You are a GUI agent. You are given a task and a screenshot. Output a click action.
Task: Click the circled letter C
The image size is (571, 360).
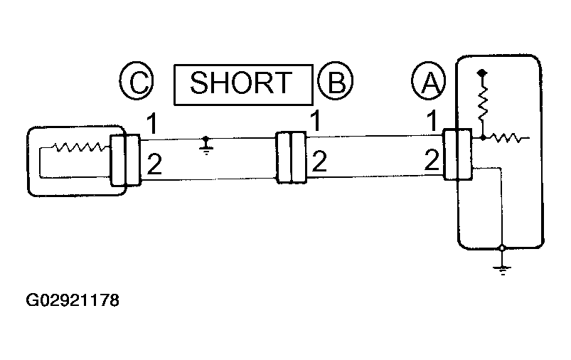[137, 80]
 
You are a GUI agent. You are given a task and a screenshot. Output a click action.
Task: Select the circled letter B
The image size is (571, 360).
[336, 80]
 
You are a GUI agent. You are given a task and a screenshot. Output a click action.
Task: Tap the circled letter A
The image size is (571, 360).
[429, 80]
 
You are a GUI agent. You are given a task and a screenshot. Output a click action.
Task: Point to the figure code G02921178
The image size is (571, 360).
[73, 300]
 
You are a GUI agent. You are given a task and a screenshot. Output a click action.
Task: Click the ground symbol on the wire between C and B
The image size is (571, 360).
[206, 146]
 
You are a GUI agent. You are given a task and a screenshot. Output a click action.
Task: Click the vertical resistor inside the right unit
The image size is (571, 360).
[483, 104]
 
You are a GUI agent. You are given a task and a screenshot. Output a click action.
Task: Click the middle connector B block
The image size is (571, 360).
[292, 157]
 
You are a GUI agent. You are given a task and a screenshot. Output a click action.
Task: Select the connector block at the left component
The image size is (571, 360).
[125, 160]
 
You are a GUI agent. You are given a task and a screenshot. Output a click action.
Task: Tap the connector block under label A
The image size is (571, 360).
[457, 154]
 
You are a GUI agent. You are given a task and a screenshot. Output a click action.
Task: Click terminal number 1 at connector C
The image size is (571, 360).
[152, 124]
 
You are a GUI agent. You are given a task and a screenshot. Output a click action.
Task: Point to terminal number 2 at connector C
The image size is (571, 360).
[154, 164]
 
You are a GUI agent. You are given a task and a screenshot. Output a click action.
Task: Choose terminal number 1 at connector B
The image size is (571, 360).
[315, 121]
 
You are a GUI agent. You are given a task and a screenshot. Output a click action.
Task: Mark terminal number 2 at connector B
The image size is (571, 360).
[319, 162]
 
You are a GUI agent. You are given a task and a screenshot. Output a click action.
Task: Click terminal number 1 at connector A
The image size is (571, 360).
[432, 121]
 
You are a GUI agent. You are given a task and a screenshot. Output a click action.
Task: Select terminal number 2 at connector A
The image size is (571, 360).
[432, 160]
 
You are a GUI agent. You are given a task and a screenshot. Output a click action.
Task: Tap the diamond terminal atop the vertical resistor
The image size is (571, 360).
[482, 73]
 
